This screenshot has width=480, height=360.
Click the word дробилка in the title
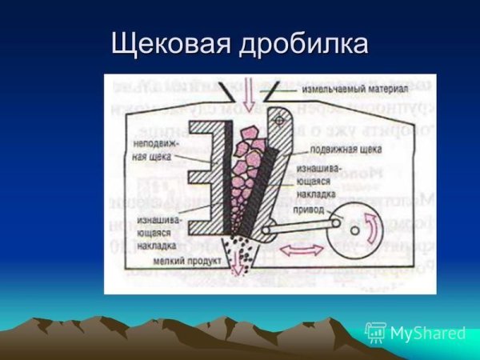click(302, 44)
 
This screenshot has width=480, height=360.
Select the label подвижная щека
click(343, 149)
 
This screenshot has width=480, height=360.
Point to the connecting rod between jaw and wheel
click(304, 226)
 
